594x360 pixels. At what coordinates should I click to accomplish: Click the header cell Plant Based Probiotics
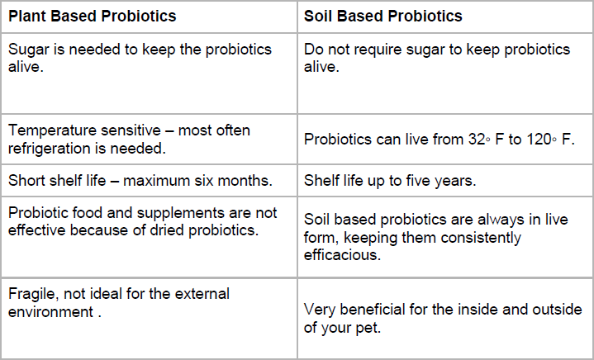[x=92, y=16]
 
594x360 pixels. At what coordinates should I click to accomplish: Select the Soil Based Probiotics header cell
[x=383, y=16]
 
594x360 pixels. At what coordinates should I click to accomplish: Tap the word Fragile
[x=32, y=293]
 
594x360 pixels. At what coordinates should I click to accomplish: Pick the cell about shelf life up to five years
[x=444, y=180]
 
